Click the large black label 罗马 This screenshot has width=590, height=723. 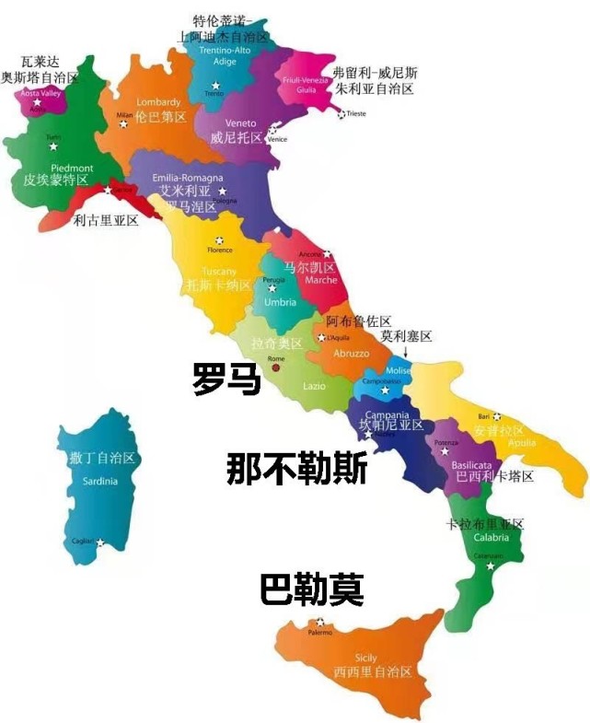tap(226, 379)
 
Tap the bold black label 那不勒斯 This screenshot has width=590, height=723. tap(297, 470)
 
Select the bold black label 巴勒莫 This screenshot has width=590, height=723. tap(311, 589)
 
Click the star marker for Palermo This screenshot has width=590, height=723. tap(319, 622)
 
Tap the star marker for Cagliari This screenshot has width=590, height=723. tap(100, 542)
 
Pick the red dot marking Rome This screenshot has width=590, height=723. tap(275, 367)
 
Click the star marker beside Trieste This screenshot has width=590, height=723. tap(341, 114)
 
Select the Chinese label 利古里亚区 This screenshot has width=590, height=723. tap(106, 220)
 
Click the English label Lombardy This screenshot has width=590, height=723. tap(158, 101)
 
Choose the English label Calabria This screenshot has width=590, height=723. tap(492, 538)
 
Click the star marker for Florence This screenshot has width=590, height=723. tap(219, 240)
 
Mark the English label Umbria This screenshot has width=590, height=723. tap(281, 302)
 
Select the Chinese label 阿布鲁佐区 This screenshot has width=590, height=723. tap(359, 321)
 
